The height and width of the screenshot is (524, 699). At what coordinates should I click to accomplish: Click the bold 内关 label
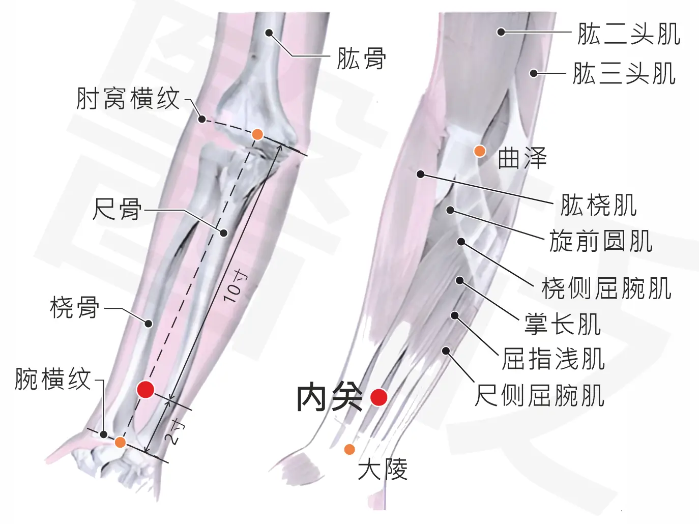pyautogui.click(x=330, y=398)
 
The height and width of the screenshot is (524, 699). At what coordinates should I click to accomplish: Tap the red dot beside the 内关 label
pyautogui.click(x=378, y=397)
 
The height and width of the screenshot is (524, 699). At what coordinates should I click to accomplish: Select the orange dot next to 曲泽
pyautogui.click(x=480, y=151)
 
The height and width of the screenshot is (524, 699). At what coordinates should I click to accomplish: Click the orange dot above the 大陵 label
pyautogui.click(x=349, y=449)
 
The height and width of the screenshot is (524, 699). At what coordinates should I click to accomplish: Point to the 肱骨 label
pyautogui.click(x=361, y=59)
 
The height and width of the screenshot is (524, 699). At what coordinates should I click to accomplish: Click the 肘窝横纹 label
pyautogui.click(x=128, y=99)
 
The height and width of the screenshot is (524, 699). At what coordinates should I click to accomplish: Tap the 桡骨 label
pyautogui.click(x=74, y=307)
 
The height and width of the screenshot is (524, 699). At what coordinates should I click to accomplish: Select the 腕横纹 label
pyautogui.click(x=53, y=379)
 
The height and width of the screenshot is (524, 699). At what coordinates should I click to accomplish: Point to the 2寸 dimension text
pyautogui.click(x=174, y=432)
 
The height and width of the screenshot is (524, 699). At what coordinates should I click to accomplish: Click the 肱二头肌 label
pyautogui.click(x=629, y=34)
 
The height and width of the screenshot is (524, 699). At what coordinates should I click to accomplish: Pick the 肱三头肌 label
pyautogui.click(x=624, y=74)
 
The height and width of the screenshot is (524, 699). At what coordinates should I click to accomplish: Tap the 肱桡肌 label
pyautogui.click(x=599, y=205)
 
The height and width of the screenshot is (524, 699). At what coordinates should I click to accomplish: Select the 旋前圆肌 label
pyautogui.click(x=601, y=241)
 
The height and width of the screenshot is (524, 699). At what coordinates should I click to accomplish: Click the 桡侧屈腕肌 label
pyautogui.click(x=606, y=288)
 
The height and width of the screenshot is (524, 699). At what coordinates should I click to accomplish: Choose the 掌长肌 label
pyautogui.click(x=563, y=324)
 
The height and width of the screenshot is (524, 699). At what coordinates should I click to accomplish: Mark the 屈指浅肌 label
pyautogui.click(x=554, y=359)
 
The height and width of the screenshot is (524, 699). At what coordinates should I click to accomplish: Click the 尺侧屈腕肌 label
pyautogui.click(x=539, y=395)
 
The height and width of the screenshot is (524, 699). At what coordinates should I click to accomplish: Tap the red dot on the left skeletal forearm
pyautogui.click(x=145, y=389)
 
